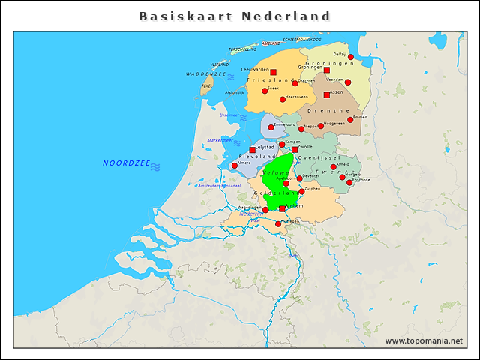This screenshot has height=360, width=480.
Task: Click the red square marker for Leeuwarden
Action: click(273, 72)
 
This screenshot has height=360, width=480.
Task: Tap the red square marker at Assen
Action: click(326, 95)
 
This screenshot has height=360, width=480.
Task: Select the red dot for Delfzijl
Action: click(350, 57)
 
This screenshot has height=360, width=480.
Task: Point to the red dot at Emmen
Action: click(350, 119)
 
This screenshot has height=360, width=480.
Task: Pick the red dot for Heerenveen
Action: click(283, 99)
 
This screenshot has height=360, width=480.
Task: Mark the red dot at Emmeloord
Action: click(271, 127)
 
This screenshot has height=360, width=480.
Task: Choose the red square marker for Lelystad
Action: click(252, 150)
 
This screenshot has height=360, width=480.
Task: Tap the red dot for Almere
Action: click(235, 166)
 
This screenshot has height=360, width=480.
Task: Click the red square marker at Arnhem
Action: click(282, 209)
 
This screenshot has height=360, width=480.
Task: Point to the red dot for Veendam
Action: click(347, 82)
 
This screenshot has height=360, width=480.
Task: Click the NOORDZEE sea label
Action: click(126, 163)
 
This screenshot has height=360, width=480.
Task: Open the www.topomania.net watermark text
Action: click(424, 341)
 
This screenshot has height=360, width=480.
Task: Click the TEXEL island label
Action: click(207, 86)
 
